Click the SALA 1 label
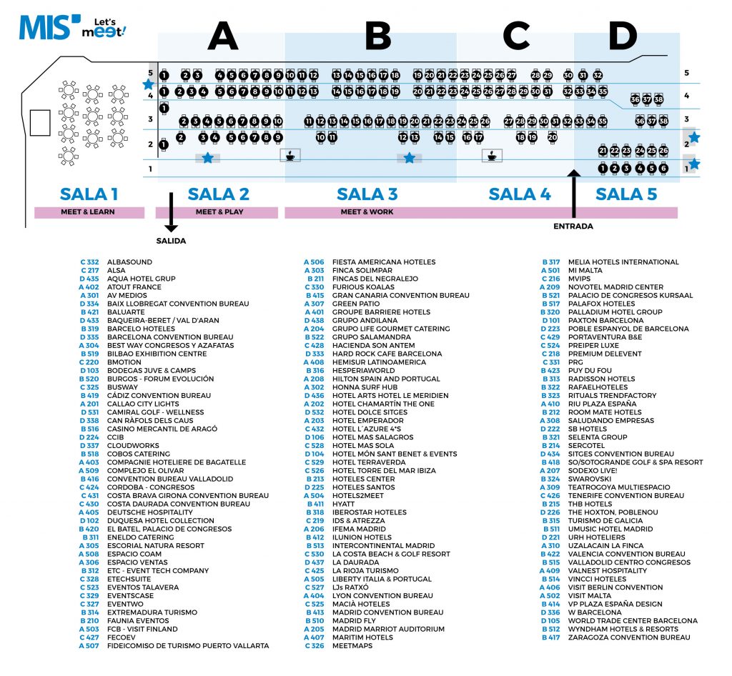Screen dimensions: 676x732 click(89, 194)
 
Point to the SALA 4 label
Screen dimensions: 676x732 click(520, 194)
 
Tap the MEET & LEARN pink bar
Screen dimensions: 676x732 click(88, 212)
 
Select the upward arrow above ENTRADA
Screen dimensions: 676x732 click(573, 193)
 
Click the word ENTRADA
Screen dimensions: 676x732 click(573, 227)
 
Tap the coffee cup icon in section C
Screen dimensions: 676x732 click(492, 155)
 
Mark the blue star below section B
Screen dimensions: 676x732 click(409, 158)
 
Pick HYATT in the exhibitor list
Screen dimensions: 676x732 click(344, 504)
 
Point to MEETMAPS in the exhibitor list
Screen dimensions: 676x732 click(352, 645)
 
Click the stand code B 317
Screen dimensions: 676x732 click(550, 262)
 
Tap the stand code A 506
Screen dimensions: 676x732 click(314, 262)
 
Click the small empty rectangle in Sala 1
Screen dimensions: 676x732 click(40, 123)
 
